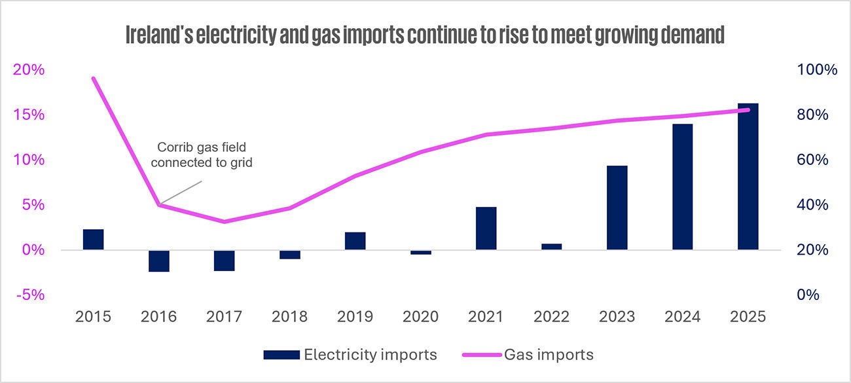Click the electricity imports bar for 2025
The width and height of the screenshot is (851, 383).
click(748, 176)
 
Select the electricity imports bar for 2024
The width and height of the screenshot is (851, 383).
click(683, 187)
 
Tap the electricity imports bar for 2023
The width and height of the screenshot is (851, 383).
click(617, 208)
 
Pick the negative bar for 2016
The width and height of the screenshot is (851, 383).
click(159, 261)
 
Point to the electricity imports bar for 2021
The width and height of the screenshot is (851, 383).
click(486, 228)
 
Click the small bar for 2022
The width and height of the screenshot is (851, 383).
click(552, 247)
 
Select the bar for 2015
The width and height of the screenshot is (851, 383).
click(94, 240)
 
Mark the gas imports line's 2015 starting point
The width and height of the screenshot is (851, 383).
click(94, 79)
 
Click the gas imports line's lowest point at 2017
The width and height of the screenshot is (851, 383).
click(224, 221)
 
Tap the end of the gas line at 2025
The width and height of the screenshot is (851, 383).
click(748, 110)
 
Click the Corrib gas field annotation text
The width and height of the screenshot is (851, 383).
click(202, 155)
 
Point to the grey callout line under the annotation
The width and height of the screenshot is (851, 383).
click(181, 192)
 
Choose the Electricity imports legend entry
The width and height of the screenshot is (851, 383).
click(350, 355)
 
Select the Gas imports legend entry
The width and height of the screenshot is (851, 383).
click(528, 355)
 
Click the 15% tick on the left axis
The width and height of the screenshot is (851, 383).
click(29, 115)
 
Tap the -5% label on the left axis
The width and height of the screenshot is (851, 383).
click(30, 295)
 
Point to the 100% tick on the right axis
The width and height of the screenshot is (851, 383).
click(817, 69)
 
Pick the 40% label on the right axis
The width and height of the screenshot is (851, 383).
click(812, 205)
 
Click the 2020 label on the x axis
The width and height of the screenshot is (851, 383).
click(420, 316)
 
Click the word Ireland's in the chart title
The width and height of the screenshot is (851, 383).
click(159, 35)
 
